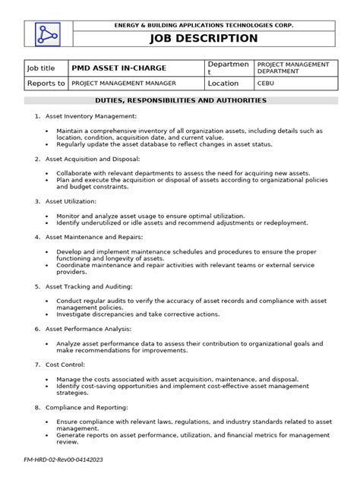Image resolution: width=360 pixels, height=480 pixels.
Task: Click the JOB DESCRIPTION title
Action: [x=203, y=39]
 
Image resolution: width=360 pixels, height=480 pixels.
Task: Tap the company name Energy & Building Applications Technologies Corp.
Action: [x=203, y=25]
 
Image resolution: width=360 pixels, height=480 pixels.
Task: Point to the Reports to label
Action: [x=46, y=84]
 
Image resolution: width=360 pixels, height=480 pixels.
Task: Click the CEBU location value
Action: [x=266, y=84]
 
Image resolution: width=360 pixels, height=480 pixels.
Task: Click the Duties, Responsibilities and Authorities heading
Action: [x=180, y=100]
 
